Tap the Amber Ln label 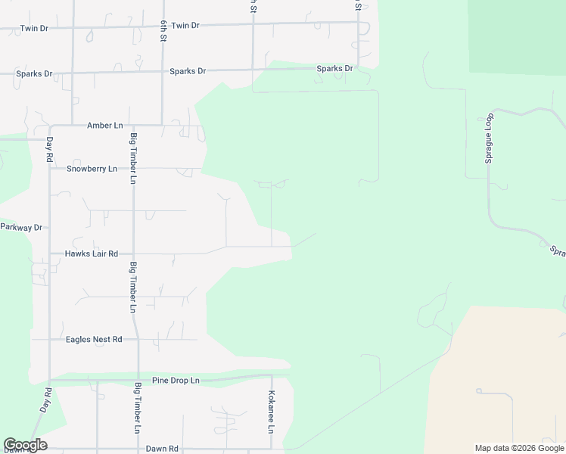coord(105,126)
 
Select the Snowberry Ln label coord(92,169)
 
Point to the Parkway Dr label coord(20,227)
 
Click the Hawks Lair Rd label coord(91,254)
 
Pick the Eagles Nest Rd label coord(94,340)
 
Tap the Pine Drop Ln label coord(175,381)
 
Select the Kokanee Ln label coord(271,412)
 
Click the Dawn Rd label coord(162,449)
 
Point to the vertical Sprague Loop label coord(490,140)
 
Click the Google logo coord(25,445)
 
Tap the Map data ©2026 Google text coord(520,448)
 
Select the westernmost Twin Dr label coord(34,29)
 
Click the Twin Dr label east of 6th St coord(185,26)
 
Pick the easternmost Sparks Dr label coord(334,69)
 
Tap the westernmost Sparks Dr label coord(35,74)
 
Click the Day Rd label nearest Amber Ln coord(50,149)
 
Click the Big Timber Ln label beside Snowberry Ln coord(133,159)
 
